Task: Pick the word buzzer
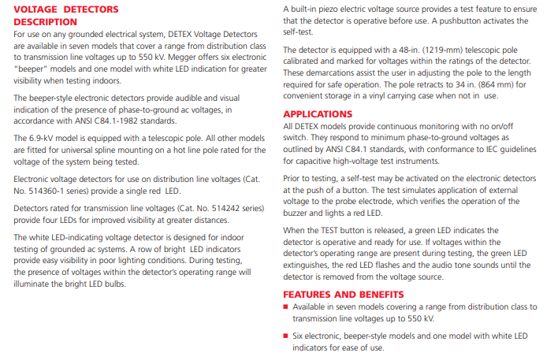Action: click(x=296, y=213)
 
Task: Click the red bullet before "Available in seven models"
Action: click(x=286, y=307)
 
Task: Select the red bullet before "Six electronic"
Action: click(x=286, y=336)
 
